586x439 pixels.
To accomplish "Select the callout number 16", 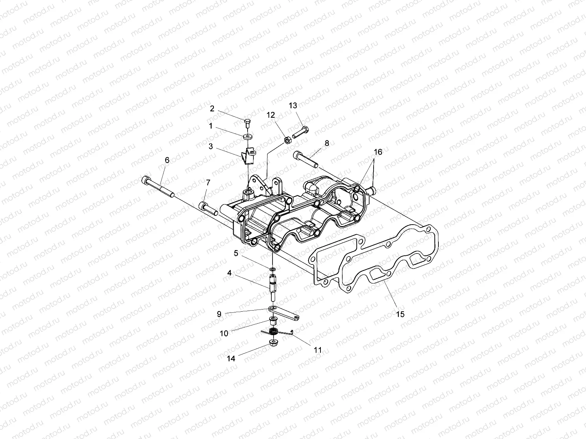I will click(378, 152).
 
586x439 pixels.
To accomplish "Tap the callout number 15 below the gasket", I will click(400, 314).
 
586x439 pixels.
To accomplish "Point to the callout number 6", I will click(167, 160).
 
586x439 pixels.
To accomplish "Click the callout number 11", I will click(318, 350).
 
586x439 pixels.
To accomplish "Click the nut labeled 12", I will click(288, 140).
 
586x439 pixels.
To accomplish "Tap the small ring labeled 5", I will click(272, 269).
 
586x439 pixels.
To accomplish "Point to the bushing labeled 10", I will click(273, 322).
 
